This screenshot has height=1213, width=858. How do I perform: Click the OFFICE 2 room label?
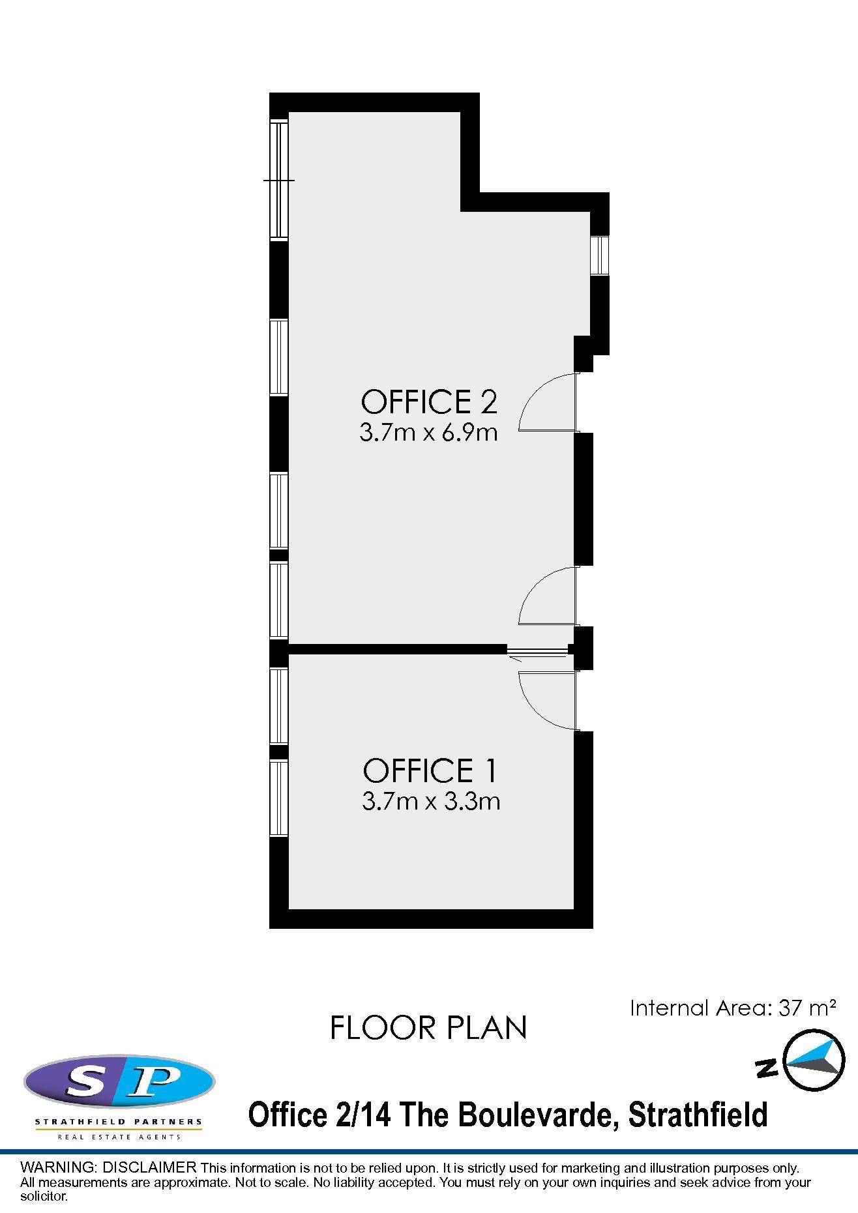pos(429,402)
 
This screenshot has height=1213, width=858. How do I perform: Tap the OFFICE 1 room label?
pos(430,770)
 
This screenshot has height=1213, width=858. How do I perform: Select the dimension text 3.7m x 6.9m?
pos(428,433)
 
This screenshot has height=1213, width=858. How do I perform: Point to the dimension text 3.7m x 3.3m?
pos(431,800)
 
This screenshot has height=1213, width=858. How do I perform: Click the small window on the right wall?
pos(599,256)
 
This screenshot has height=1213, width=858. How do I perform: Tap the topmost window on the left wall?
pos(279,181)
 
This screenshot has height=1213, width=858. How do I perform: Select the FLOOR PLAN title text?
pos(428,1028)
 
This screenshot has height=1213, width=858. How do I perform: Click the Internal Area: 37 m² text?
pos(733,1008)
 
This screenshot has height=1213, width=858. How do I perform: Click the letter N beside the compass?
pos(767,1068)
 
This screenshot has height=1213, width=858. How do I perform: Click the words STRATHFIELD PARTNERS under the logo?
pos(119,1122)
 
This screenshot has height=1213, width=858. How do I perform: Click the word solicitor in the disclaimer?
pos(44,1196)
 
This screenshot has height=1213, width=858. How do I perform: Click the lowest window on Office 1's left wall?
pos(279,798)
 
